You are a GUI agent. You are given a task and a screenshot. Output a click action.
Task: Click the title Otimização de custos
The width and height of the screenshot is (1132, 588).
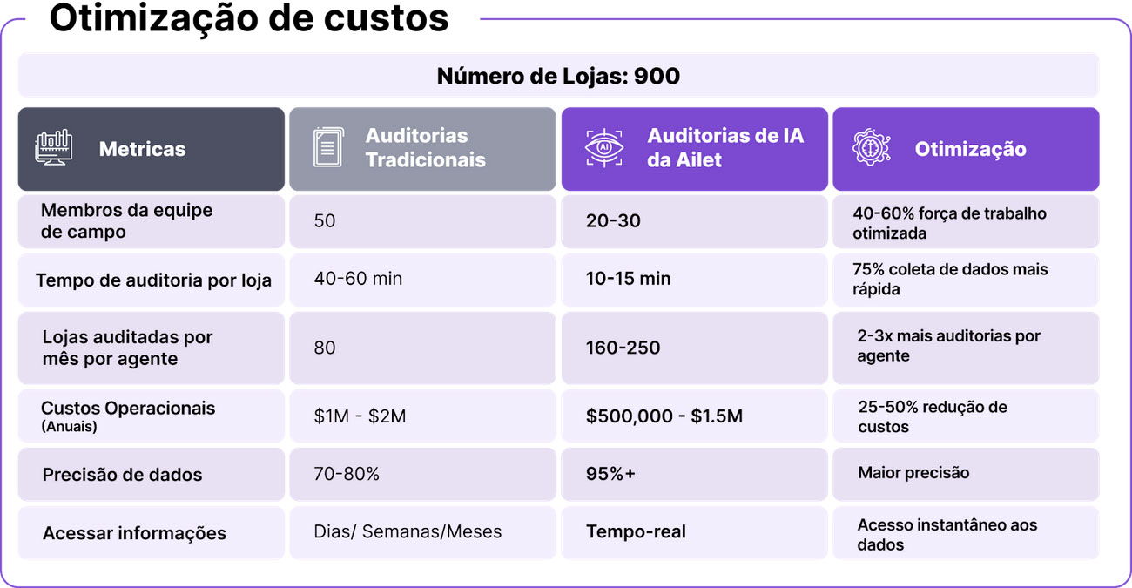click(249, 18)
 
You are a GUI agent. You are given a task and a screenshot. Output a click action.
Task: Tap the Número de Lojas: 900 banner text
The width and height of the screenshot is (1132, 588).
click(558, 77)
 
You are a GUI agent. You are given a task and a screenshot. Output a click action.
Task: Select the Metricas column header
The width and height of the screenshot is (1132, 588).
click(142, 149)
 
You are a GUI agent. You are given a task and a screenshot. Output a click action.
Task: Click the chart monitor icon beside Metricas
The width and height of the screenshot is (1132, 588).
click(53, 148)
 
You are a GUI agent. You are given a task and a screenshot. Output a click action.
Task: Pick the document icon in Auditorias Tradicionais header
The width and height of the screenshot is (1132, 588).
click(327, 148)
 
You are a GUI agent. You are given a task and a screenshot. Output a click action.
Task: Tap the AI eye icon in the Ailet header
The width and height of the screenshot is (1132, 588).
click(604, 148)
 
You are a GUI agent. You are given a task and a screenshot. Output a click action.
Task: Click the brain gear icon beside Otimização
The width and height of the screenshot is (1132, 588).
click(871, 148)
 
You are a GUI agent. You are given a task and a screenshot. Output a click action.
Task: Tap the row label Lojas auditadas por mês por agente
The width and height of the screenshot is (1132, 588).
click(127, 348)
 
